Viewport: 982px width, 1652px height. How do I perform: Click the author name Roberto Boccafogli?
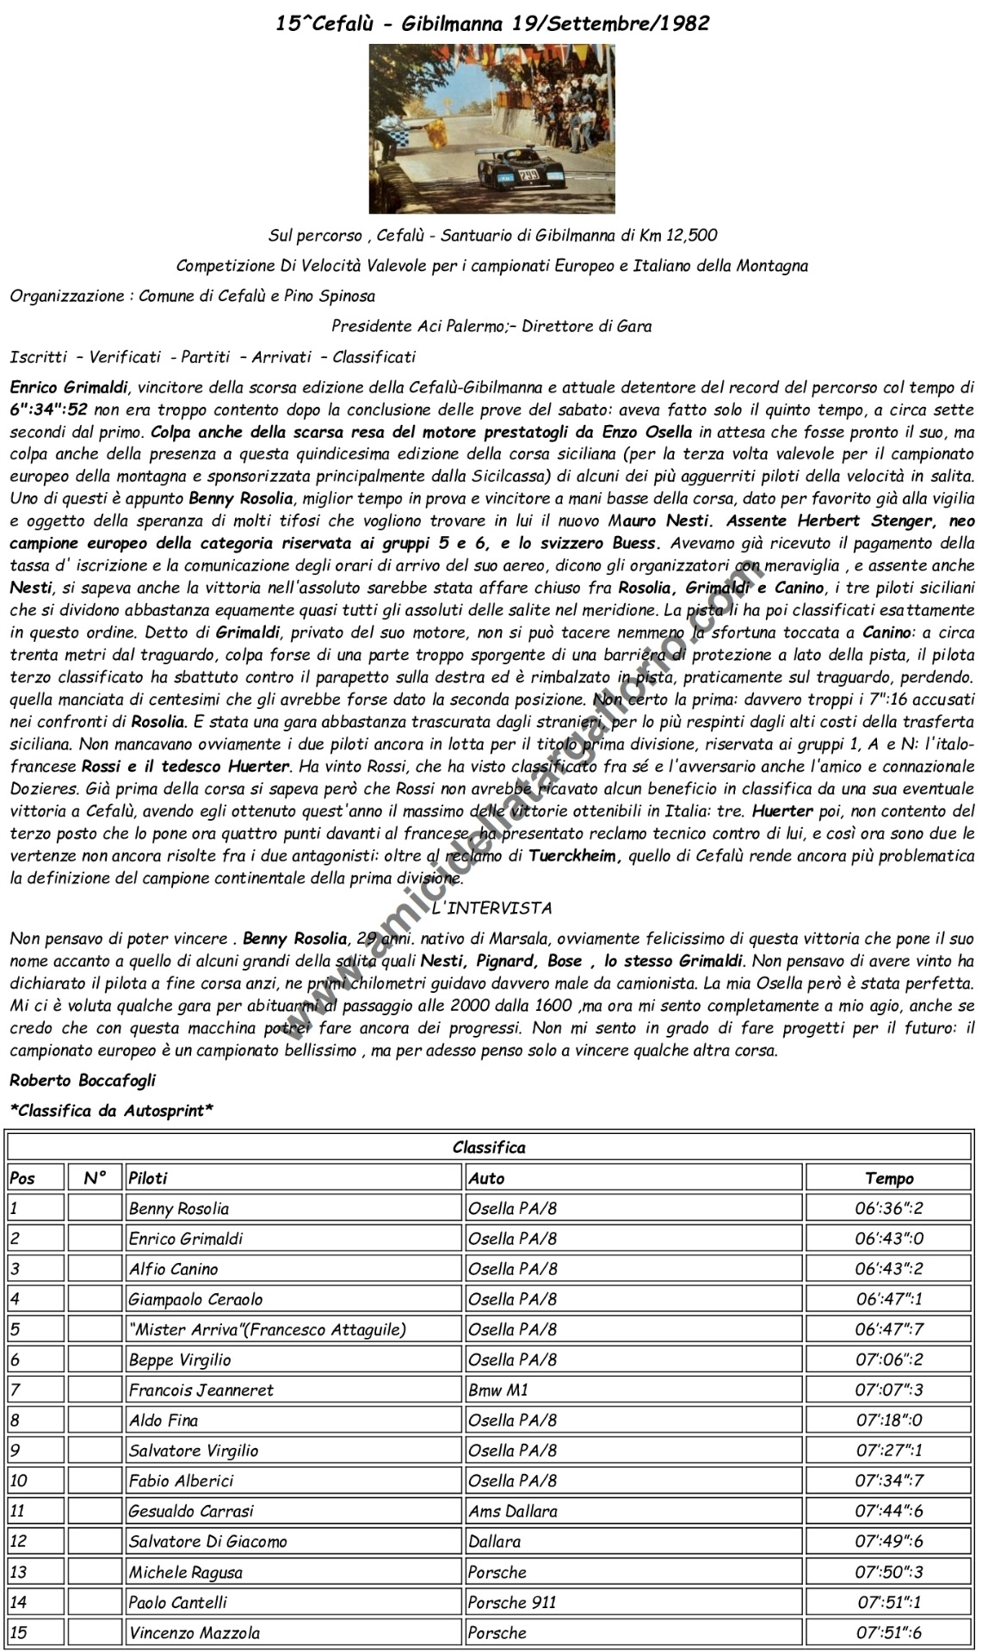coord(83,1080)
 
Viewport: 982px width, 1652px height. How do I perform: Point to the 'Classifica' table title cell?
coord(489,1147)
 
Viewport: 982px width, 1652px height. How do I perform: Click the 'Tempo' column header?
coord(889,1178)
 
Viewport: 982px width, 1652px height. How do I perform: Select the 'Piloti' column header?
coord(148,1178)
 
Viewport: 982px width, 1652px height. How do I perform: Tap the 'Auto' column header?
coord(486,1178)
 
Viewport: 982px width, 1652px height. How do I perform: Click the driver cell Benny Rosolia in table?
coord(179,1208)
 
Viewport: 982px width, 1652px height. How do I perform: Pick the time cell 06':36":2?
coord(889,1208)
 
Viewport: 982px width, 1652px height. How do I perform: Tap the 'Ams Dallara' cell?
coord(513,1511)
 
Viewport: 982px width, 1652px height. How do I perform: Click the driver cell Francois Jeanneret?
coord(201,1390)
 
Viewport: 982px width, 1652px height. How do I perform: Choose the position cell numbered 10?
coord(19,1481)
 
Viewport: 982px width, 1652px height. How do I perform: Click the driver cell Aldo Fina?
coord(163,1421)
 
